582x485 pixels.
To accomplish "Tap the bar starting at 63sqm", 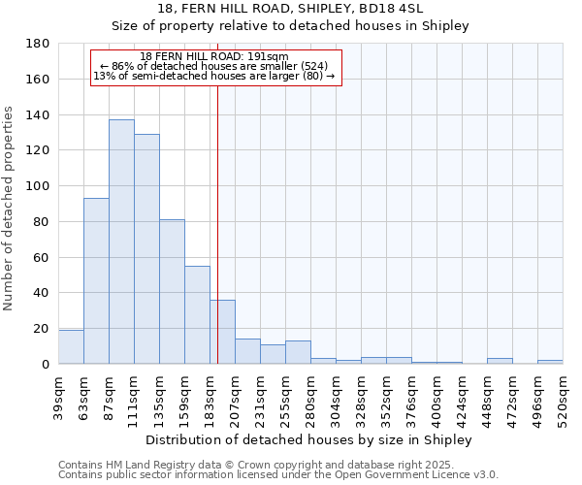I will pyautogui.click(x=96, y=281).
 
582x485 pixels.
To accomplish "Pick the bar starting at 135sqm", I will pyautogui.click(x=172, y=291).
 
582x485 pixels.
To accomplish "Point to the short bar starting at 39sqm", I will pyautogui.click(x=71, y=347).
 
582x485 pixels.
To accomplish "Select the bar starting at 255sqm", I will pyautogui.click(x=298, y=353).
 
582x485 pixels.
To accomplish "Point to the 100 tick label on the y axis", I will pyautogui.click(x=38, y=186).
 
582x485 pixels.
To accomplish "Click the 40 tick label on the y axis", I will pyautogui.click(x=42, y=293).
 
